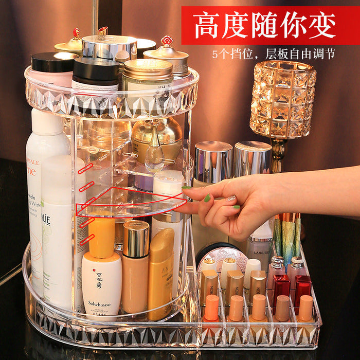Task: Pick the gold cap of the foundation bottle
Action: (136, 239)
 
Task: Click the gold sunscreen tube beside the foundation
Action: (160, 273)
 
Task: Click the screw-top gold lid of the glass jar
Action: (148, 70)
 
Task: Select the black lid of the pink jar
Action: (55, 62)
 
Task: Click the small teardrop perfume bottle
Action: (154, 154)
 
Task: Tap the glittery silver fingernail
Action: (231, 197)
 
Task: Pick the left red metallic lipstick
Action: (281, 288)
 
